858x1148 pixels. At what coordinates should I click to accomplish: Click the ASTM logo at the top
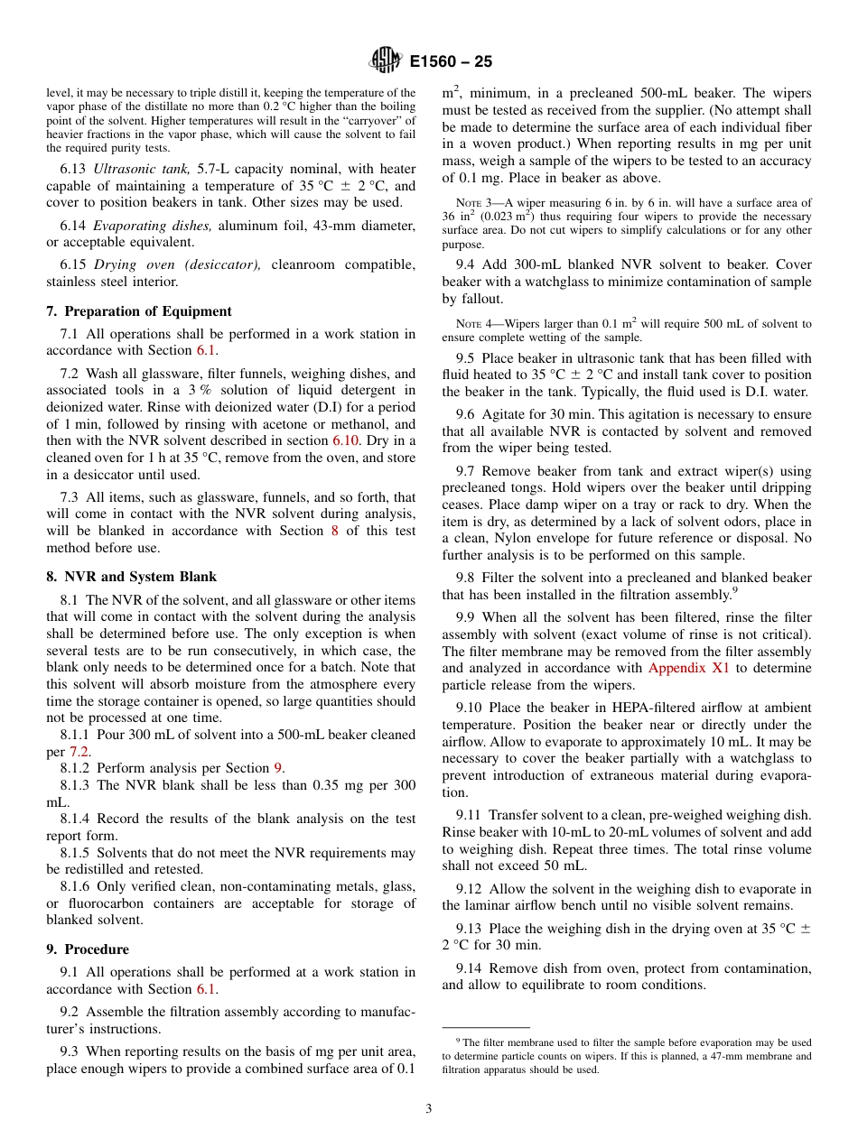386,61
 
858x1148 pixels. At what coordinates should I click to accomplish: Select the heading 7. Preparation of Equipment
139,311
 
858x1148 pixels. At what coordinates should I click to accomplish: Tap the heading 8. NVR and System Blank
132,577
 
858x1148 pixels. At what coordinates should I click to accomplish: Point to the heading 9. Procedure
88,949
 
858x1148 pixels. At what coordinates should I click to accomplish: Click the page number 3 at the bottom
428,1109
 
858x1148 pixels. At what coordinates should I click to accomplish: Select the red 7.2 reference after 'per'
79,752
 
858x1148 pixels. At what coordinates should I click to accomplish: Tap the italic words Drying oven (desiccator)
176,264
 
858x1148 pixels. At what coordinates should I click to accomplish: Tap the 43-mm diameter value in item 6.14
336,225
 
